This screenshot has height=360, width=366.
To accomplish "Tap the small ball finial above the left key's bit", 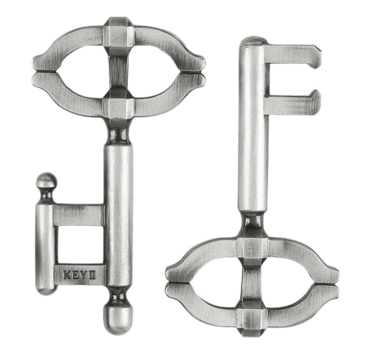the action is click(x=47, y=181).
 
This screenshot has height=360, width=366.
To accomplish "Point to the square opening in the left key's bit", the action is click(x=79, y=245).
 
